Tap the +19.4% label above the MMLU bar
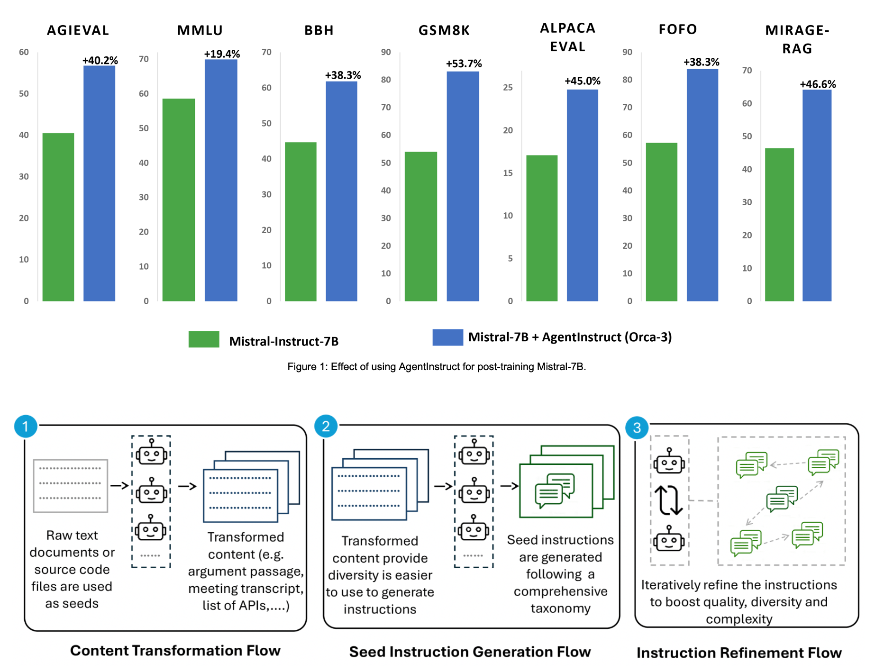222,54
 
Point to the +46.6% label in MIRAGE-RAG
818,84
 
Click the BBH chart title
319,30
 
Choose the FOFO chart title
678,29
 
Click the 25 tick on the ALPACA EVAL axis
508,87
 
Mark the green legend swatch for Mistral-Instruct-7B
204,339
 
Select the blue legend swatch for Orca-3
447,337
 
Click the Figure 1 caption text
437,367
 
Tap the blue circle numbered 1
26,427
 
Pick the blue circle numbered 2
326,426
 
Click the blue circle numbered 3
637,427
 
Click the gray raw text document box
71,485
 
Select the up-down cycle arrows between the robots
668,500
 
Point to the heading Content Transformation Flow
175,651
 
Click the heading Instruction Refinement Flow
739,653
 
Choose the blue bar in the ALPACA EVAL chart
582,195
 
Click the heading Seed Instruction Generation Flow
470,652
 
